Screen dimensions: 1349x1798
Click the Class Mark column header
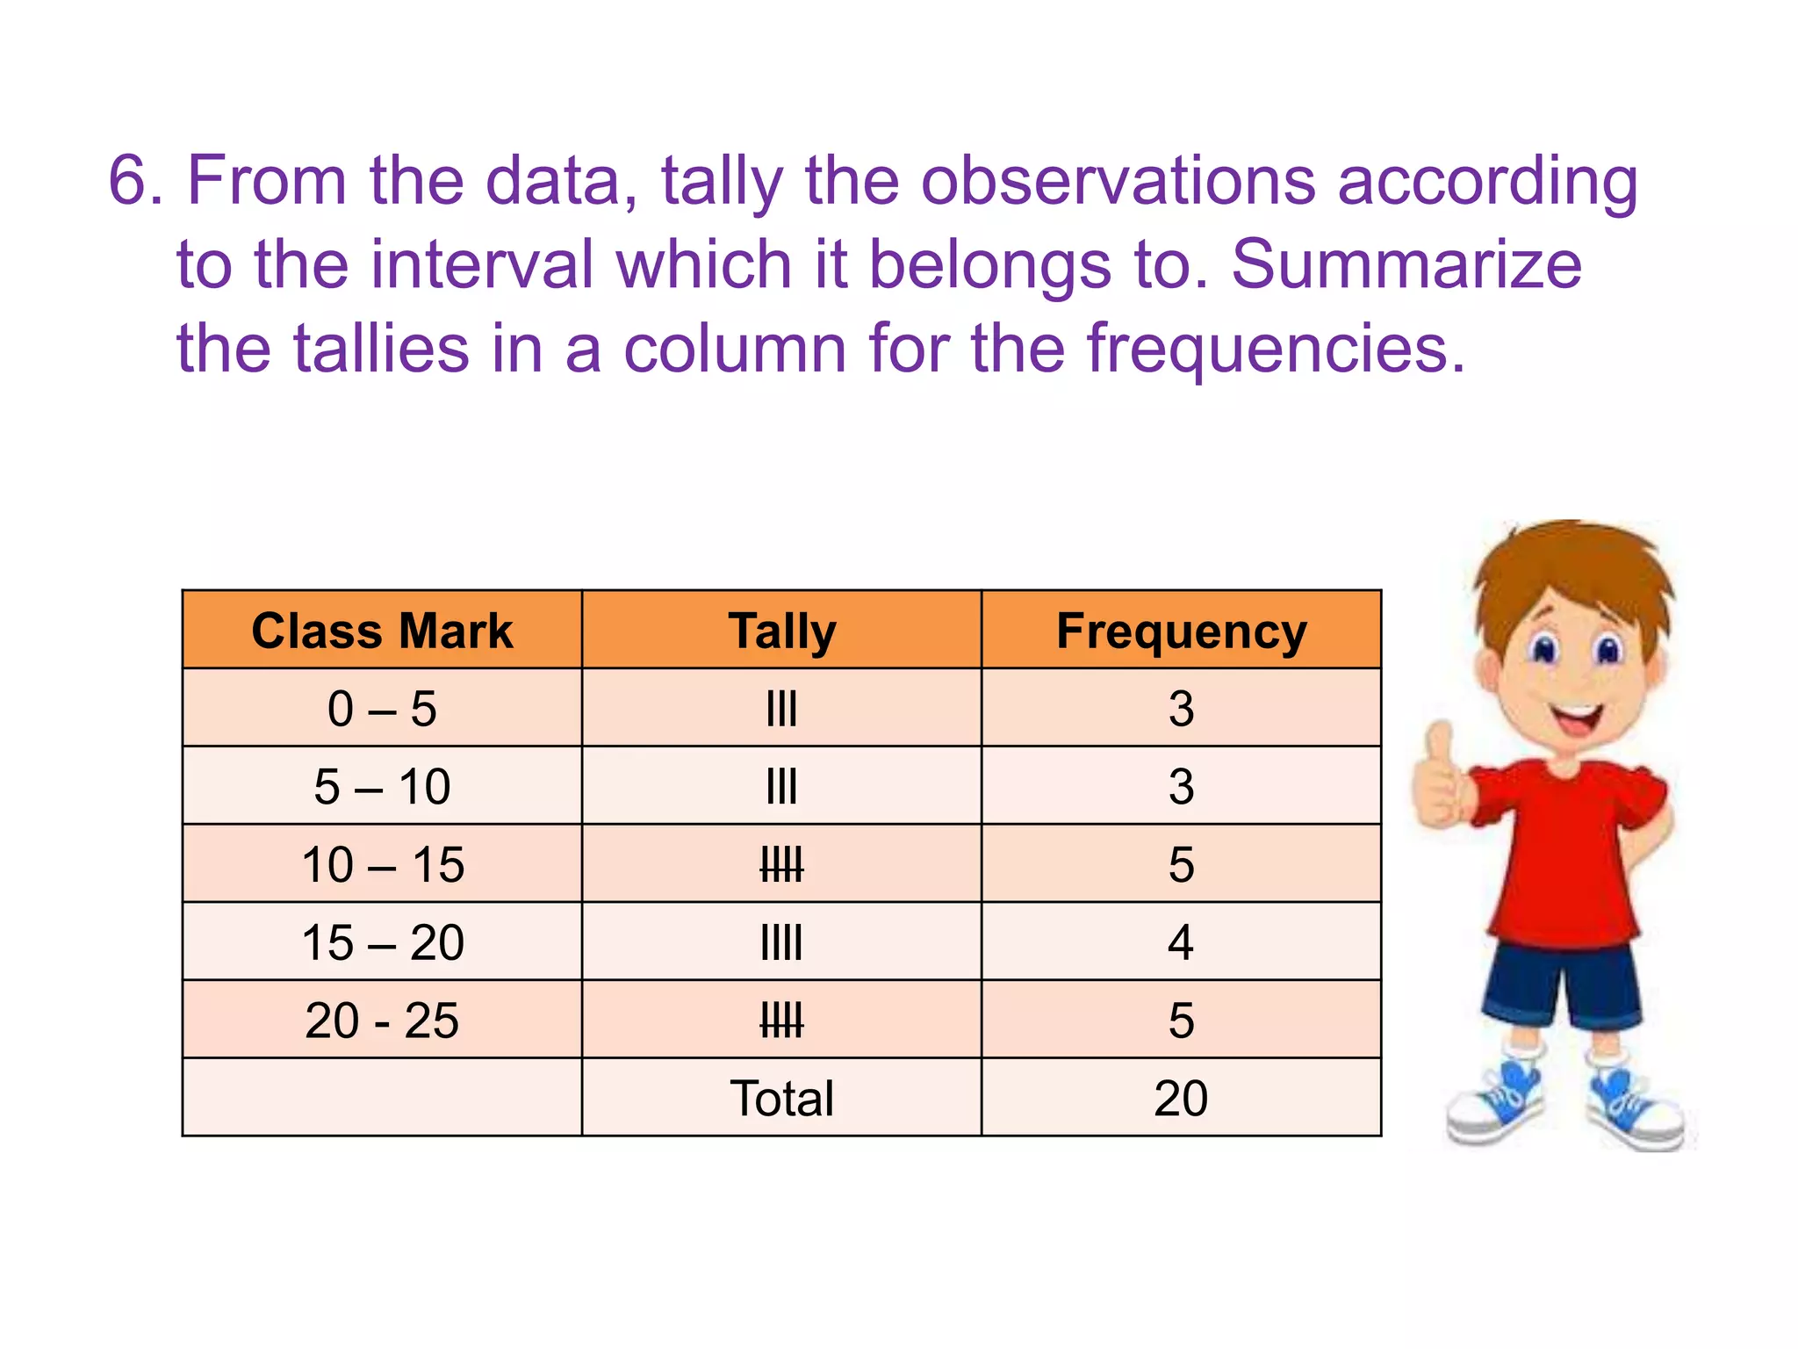pyautogui.click(x=382, y=631)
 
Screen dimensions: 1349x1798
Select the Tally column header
pyautogui.click(x=781, y=631)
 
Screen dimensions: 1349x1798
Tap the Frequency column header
pyautogui.click(x=1181, y=631)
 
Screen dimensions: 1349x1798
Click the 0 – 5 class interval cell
pyautogui.click(x=382, y=708)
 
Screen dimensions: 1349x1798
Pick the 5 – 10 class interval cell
pyautogui.click(x=382, y=786)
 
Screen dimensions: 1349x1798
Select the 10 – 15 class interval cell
pyautogui.click(x=382, y=864)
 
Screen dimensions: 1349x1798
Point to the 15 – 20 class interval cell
pyautogui.click(x=382, y=942)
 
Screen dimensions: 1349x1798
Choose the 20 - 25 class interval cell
pyautogui.click(x=382, y=1021)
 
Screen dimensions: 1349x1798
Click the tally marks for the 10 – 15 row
pyautogui.click(x=781, y=865)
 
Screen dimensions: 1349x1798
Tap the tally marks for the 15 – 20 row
pyautogui.click(x=781, y=942)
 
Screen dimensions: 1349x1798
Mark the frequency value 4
pyautogui.click(x=1181, y=942)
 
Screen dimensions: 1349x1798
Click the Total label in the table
pyautogui.click(x=781, y=1098)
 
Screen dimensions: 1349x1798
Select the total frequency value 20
pyautogui.click(x=1181, y=1098)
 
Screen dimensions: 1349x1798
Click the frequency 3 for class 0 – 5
pyautogui.click(x=1181, y=708)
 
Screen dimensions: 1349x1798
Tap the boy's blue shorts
pyautogui.click(x=1563, y=984)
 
